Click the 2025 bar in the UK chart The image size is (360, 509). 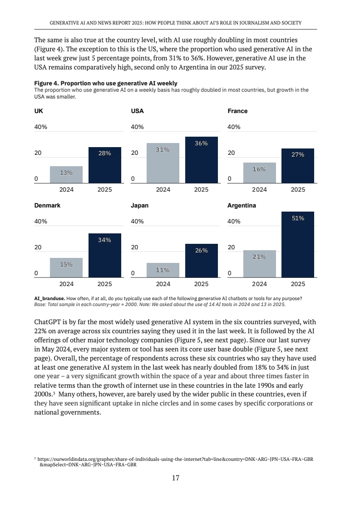pos(104,165)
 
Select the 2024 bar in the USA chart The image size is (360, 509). pos(163,163)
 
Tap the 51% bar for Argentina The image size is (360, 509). pos(298,244)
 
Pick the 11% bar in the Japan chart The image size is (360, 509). pos(163,270)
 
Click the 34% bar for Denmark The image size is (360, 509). pos(104,255)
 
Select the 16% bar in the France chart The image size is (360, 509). pos(259,173)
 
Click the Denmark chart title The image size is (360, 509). pos(47,205)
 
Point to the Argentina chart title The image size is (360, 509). pos(242,205)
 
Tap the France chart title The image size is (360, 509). pos(237,111)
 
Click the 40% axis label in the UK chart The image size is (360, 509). pos(41,127)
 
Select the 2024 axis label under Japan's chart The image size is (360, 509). pos(163,284)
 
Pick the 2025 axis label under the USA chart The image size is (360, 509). pos(201,189)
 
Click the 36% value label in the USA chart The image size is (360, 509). pos(201,143)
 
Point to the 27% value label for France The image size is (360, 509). pos(298,154)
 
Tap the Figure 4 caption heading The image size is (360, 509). pos(106,83)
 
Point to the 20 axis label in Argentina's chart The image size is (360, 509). pos(231,247)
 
